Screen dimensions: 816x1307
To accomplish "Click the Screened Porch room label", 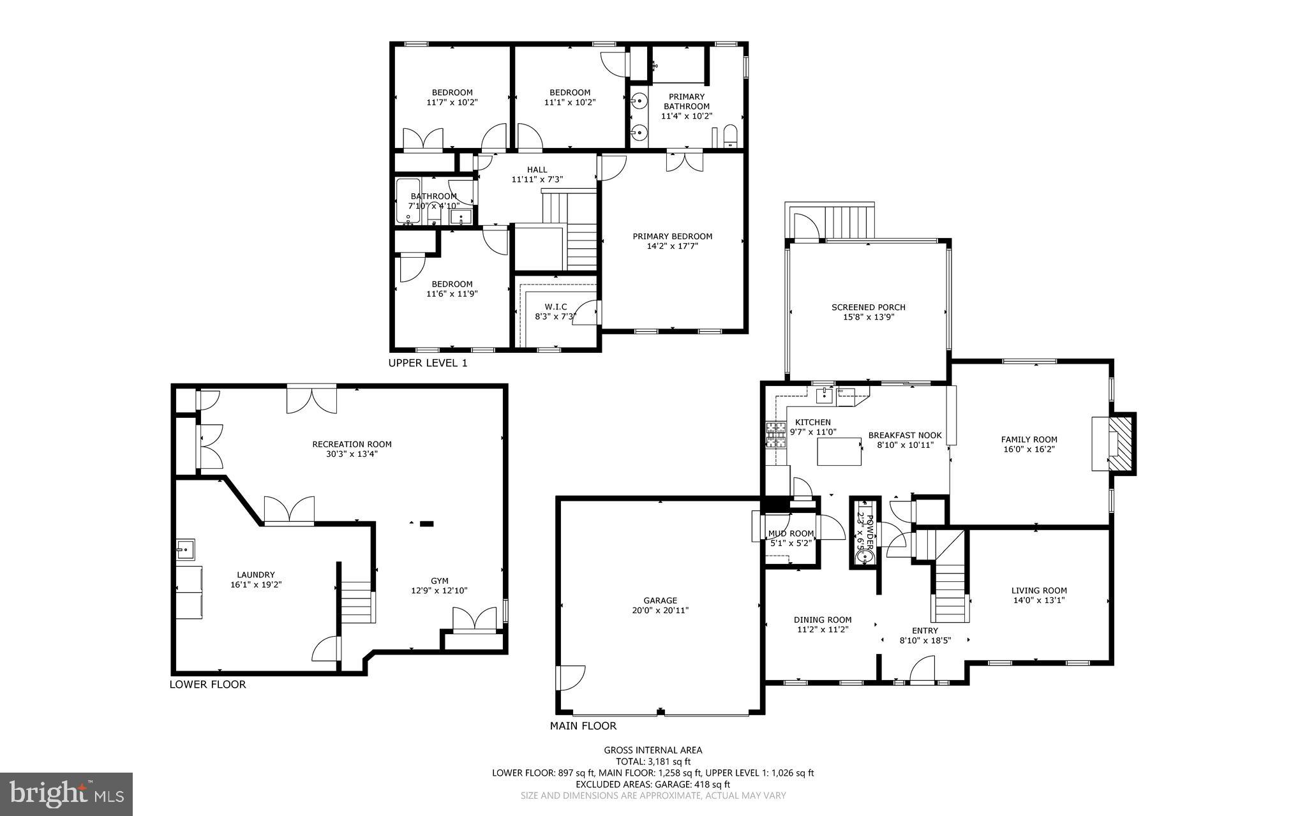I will tap(868, 307).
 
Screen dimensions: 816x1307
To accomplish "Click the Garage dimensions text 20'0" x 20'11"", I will tap(660, 610).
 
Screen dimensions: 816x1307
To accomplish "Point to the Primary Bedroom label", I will tap(672, 236).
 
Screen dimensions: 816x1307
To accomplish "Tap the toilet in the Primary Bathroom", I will tap(729, 136).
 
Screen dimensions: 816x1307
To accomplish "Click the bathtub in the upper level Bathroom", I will tap(405, 201).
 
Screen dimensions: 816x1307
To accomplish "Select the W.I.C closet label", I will tap(555, 307).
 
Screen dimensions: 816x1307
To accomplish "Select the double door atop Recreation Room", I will tap(311, 399).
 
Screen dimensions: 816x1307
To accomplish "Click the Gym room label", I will tap(439, 581).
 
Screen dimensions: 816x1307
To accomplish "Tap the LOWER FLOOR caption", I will tap(207, 685).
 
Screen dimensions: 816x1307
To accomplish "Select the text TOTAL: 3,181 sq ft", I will tap(653, 761).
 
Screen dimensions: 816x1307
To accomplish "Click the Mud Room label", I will tap(791, 533).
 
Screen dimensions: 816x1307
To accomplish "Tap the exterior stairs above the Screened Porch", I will tap(849, 221).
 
